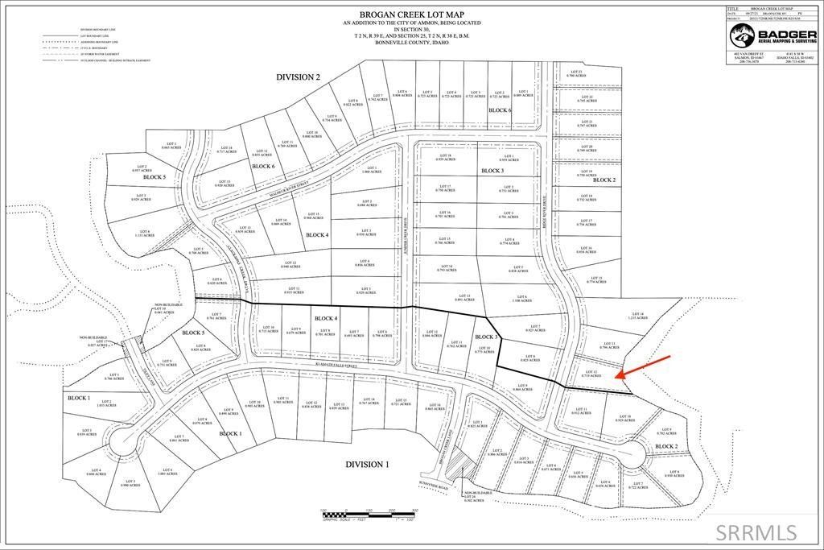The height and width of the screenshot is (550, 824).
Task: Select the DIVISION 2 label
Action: [298, 77]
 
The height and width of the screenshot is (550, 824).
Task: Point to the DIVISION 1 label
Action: [367, 465]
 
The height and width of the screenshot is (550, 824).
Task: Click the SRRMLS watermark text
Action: [757, 531]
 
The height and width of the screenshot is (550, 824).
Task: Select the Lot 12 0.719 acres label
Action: [591, 374]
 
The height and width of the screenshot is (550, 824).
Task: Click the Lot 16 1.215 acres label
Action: [637, 316]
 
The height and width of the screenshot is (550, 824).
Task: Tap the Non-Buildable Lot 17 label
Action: [97, 343]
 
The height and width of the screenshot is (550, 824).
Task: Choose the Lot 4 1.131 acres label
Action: [143, 234]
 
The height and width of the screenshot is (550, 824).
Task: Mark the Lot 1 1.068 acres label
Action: [371, 170]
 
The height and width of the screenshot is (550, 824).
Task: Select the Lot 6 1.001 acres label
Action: [167, 472]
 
